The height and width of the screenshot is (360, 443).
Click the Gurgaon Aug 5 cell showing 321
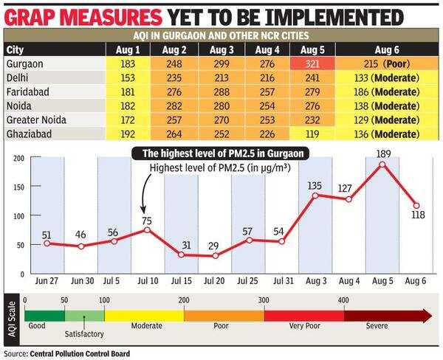pyautogui.click(x=312, y=63)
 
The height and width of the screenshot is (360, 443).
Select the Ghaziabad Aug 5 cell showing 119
pyautogui.click(x=312, y=134)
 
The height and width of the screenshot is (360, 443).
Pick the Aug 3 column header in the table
pyautogui.click(x=222, y=49)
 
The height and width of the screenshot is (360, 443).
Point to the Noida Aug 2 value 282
pyautogui.click(x=177, y=105)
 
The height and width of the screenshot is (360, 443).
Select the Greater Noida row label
pyautogui.click(x=35, y=120)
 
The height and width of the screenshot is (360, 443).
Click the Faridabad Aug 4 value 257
pyautogui.click(x=267, y=91)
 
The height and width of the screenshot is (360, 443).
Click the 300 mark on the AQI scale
pyautogui.click(x=264, y=300)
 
